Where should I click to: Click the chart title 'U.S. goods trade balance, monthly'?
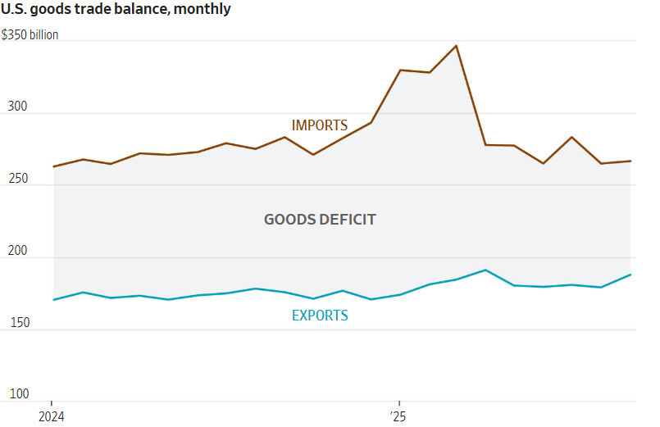click(116, 10)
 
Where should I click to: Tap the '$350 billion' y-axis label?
click(30, 35)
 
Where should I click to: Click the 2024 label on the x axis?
click(52, 416)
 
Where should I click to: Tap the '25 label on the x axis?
click(398, 416)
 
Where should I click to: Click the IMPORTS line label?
click(320, 125)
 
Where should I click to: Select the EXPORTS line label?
click(320, 316)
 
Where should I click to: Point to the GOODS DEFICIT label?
click(320, 220)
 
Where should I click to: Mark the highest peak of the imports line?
click(457, 46)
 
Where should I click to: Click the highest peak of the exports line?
click(485, 270)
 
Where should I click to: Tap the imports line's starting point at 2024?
click(53, 166)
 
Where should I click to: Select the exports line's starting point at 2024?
click(53, 300)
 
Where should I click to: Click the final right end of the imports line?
click(630, 161)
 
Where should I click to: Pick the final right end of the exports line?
click(630, 275)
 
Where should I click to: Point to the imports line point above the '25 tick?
click(399, 70)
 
